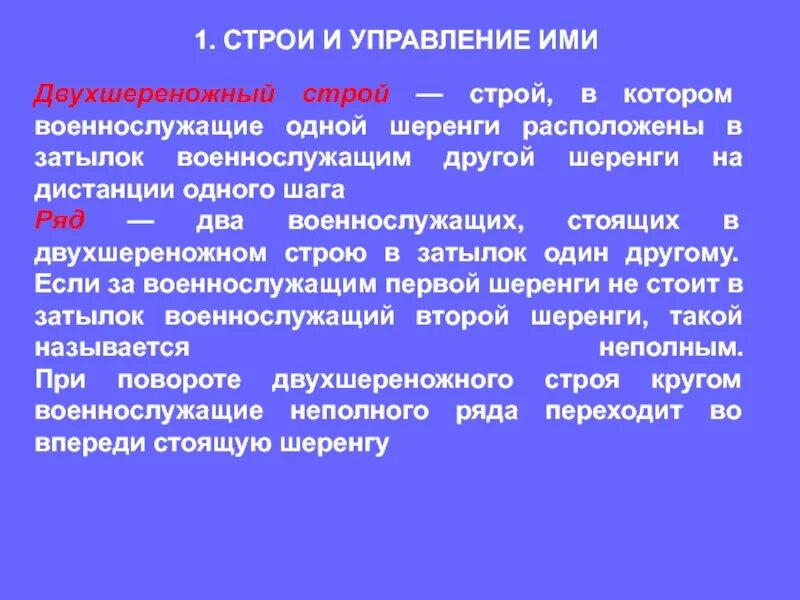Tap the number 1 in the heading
coord(200,40)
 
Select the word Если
coord(63,284)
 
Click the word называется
coord(112,348)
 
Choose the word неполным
coord(671,348)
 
